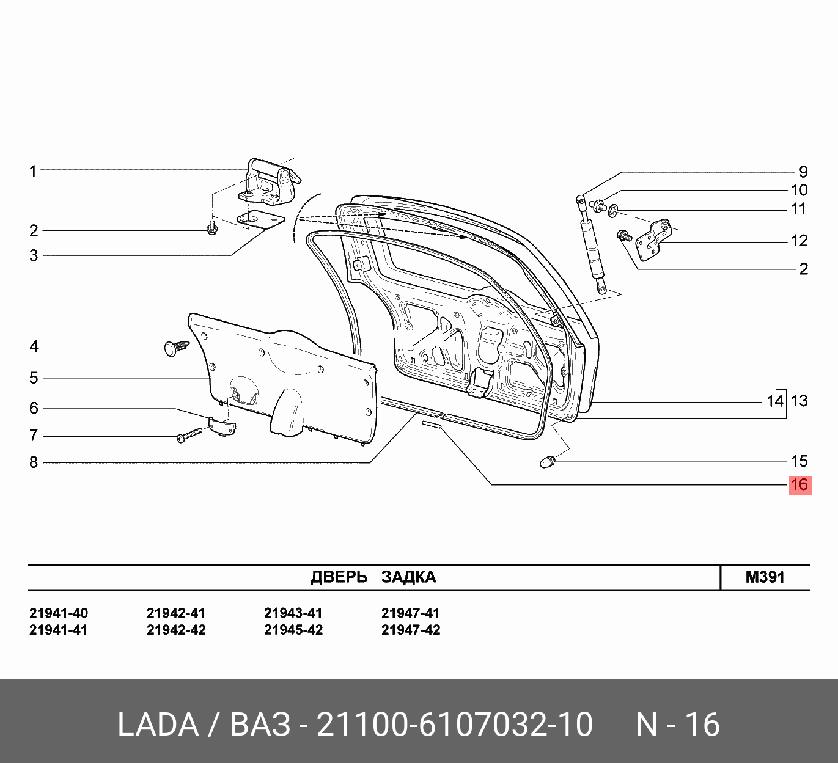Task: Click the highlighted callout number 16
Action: tap(799, 485)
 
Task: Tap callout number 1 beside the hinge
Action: tap(33, 171)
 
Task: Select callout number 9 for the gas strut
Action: tap(803, 172)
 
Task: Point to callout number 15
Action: tap(799, 461)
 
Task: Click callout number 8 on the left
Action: tap(34, 462)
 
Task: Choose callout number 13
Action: tap(799, 401)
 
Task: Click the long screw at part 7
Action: tap(189, 435)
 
